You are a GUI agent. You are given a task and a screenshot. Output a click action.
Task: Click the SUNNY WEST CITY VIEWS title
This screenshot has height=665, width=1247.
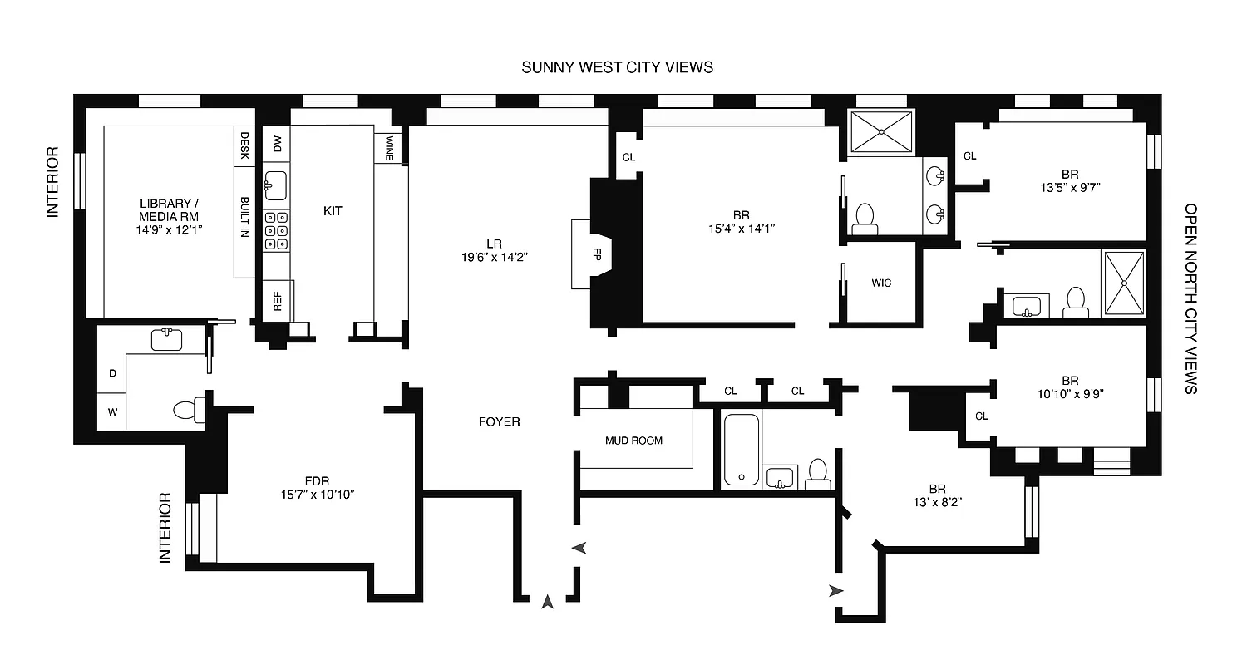coord(617,67)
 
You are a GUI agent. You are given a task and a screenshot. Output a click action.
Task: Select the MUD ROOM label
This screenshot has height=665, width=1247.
coord(633,441)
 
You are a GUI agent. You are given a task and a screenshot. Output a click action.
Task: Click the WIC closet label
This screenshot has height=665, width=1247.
coord(881,283)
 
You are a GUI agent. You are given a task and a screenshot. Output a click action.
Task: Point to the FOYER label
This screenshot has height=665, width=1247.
coord(500,422)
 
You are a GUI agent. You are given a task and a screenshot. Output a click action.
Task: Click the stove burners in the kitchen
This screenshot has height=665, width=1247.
coord(276,230)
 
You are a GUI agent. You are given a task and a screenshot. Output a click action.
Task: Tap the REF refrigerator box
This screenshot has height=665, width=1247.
coord(278,299)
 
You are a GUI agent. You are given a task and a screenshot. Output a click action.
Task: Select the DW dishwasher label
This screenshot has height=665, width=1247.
coord(277,144)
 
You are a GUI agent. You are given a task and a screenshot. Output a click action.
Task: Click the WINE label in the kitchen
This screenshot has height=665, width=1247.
coord(389,149)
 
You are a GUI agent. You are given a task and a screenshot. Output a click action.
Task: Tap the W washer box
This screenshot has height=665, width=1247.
coord(111,411)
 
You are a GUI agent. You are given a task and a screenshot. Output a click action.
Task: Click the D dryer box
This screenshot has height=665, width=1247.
coord(111,374)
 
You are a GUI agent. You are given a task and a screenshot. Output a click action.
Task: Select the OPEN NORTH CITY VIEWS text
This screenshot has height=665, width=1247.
coord(1191,299)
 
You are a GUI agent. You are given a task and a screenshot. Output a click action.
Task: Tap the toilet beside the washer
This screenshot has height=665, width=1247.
coord(187,408)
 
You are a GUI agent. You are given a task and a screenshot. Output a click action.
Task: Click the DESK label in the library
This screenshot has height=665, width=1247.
coord(245,145)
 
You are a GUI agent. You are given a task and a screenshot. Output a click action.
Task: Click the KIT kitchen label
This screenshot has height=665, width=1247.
coord(333,211)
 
